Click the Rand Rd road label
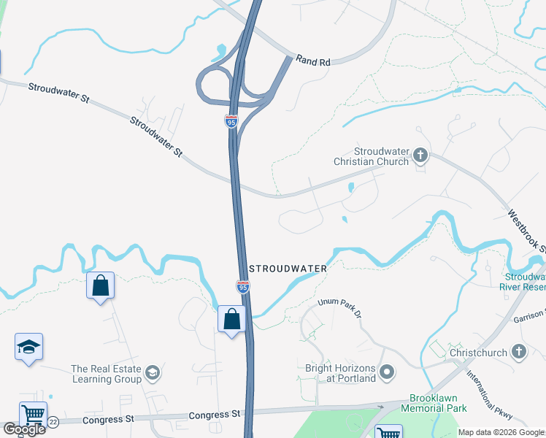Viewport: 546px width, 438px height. click(314, 62)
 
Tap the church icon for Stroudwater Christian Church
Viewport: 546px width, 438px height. click(420, 155)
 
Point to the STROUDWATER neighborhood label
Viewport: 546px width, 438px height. click(288, 269)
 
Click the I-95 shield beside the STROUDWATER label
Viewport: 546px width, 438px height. click(243, 287)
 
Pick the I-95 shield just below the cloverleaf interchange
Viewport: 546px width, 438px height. click(231, 121)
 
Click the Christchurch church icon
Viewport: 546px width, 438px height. click(519, 353)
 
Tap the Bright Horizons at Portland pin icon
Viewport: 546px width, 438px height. click(388, 373)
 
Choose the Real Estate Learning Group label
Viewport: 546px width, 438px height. click(107, 374)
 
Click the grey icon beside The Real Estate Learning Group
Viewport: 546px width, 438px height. click(153, 374)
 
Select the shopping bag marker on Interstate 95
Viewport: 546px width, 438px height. click(231, 320)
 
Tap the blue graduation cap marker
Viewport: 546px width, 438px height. click(28, 347)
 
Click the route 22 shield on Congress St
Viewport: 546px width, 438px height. click(53, 421)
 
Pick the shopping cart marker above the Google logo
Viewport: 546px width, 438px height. click(33, 415)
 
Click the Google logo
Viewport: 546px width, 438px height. click(24, 429)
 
